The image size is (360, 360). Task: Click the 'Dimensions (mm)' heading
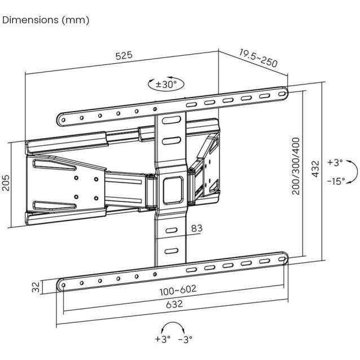(x=46, y=20)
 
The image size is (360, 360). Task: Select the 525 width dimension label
(x=124, y=55)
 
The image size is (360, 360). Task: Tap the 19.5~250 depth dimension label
(x=258, y=58)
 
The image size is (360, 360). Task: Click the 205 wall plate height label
(x=6, y=182)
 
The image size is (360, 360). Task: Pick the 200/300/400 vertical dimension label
(x=296, y=166)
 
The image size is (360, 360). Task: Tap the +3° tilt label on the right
(x=335, y=163)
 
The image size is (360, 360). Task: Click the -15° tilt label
(x=336, y=181)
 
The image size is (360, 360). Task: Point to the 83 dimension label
(x=196, y=229)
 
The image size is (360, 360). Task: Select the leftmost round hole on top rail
(x=64, y=120)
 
